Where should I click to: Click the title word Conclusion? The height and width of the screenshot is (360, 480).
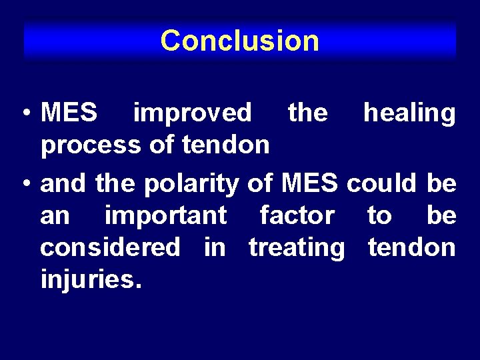[x=240, y=41]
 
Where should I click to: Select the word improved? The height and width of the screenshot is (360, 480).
[x=193, y=113]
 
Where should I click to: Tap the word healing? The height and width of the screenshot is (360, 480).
[x=409, y=113]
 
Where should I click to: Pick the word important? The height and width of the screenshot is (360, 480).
[x=165, y=216]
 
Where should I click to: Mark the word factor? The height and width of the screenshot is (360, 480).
[x=297, y=216]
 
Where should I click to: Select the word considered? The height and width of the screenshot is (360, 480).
[x=110, y=247]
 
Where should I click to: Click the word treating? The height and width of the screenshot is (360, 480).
[x=297, y=247]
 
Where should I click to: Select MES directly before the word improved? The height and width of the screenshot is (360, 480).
[x=69, y=113]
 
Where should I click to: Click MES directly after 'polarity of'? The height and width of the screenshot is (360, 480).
[x=312, y=183]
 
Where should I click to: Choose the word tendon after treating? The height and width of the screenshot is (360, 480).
[x=412, y=247]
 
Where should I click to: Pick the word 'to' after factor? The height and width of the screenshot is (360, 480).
[x=379, y=216]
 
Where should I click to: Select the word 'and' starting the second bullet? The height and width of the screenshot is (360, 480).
[x=63, y=183]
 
